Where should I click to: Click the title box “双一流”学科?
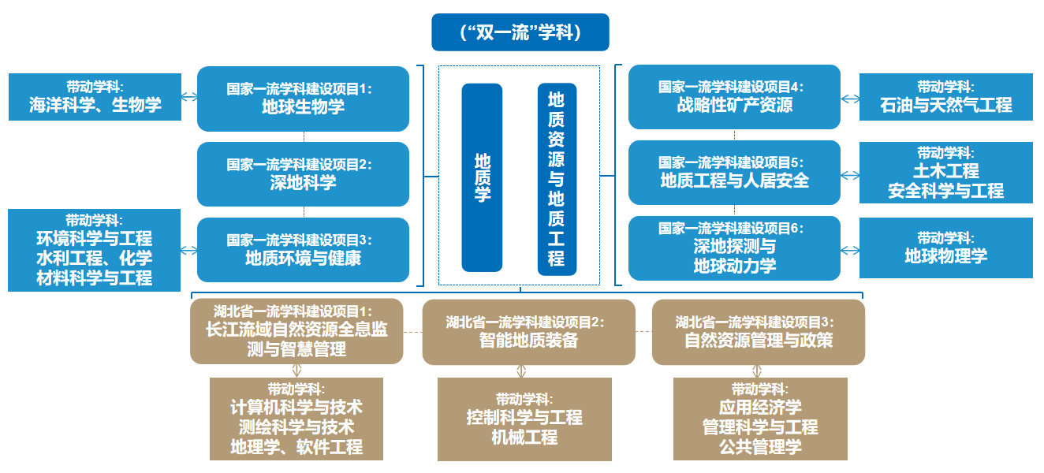point(520,32)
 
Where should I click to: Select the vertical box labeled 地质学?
point(482,177)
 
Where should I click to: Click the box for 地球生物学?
point(303,98)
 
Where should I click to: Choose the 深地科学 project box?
point(303,173)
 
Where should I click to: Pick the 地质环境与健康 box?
point(303,249)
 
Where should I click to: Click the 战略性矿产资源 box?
point(734,96)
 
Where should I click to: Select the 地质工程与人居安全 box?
point(734,172)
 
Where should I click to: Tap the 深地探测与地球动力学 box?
point(734,248)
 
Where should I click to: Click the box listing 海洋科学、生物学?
point(95,97)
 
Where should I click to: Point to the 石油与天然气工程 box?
point(945,97)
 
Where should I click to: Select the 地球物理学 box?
point(945,248)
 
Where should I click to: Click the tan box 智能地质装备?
point(528,332)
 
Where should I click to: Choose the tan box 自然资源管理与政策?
point(758,332)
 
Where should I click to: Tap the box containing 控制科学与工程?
point(524,419)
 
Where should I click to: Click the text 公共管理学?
point(760,447)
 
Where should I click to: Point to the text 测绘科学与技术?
point(296,427)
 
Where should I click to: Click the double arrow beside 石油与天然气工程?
point(850,99)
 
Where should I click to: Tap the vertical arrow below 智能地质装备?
point(521,371)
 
